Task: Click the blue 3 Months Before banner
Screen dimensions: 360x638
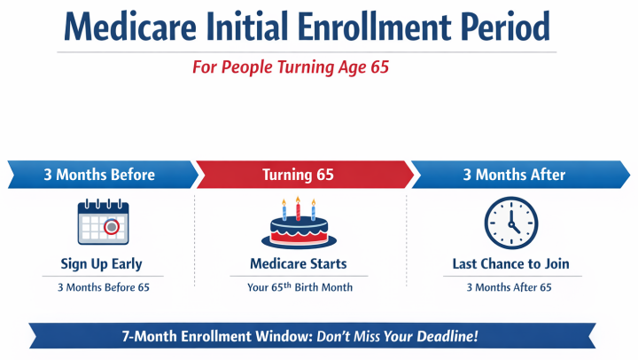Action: click(x=99, y=175)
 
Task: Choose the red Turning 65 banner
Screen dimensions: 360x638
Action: click(x=299, y=175)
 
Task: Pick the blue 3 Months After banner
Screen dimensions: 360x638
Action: click(x=514, y=175)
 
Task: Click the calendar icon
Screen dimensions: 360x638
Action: click(x=102, y=223)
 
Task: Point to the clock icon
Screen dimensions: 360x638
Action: click(x=510, y=222)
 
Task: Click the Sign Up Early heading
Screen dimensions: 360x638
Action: click(x=101, y=263)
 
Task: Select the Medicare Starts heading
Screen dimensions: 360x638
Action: click(x=299, y=263)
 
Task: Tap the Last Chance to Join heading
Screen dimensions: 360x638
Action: click(x=510, y=263)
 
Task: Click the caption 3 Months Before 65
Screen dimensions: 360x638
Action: click(x=101, y=286)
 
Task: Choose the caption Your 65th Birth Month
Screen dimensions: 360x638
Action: click(x=299, y=286)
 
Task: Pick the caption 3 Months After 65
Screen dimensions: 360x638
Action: click(x=510, y=286)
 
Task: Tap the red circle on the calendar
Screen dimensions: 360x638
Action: click(x=112, y=227)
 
